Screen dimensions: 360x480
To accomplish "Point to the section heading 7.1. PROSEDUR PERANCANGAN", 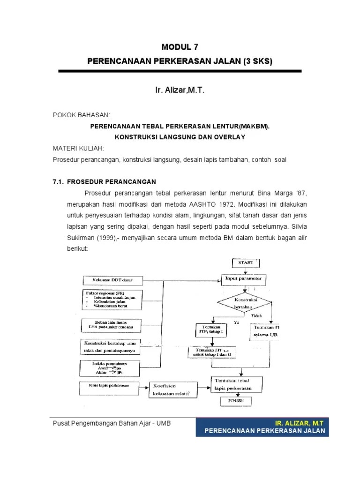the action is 104,181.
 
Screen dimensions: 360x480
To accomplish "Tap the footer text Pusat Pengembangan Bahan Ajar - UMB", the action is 111,423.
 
